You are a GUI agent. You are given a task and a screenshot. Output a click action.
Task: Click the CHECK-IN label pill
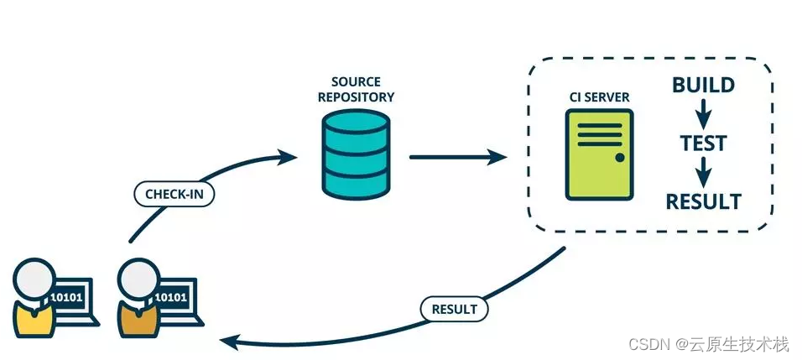click(x=174, y=195)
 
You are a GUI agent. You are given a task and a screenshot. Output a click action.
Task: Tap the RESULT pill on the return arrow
click(x=454, y=309)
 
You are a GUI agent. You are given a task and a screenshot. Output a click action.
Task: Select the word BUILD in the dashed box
click(x=704, y=85)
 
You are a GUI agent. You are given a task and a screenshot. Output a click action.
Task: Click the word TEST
click(x=704, y=144)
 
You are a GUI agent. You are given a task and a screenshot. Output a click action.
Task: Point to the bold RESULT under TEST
click(x=704, y=201)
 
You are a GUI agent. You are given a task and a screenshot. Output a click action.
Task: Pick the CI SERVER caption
click(x=599, y=98)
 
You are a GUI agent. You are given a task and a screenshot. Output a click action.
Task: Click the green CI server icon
click(x=599, y=154)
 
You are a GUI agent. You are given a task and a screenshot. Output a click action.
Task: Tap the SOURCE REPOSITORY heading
click(x=356, y=90)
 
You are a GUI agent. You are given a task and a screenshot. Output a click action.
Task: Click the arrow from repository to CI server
click(x=457, y=157)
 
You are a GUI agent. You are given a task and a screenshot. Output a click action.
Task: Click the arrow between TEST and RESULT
click(x=704, y=173)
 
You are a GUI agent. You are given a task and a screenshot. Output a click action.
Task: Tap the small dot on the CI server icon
click(x=620, y=157)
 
